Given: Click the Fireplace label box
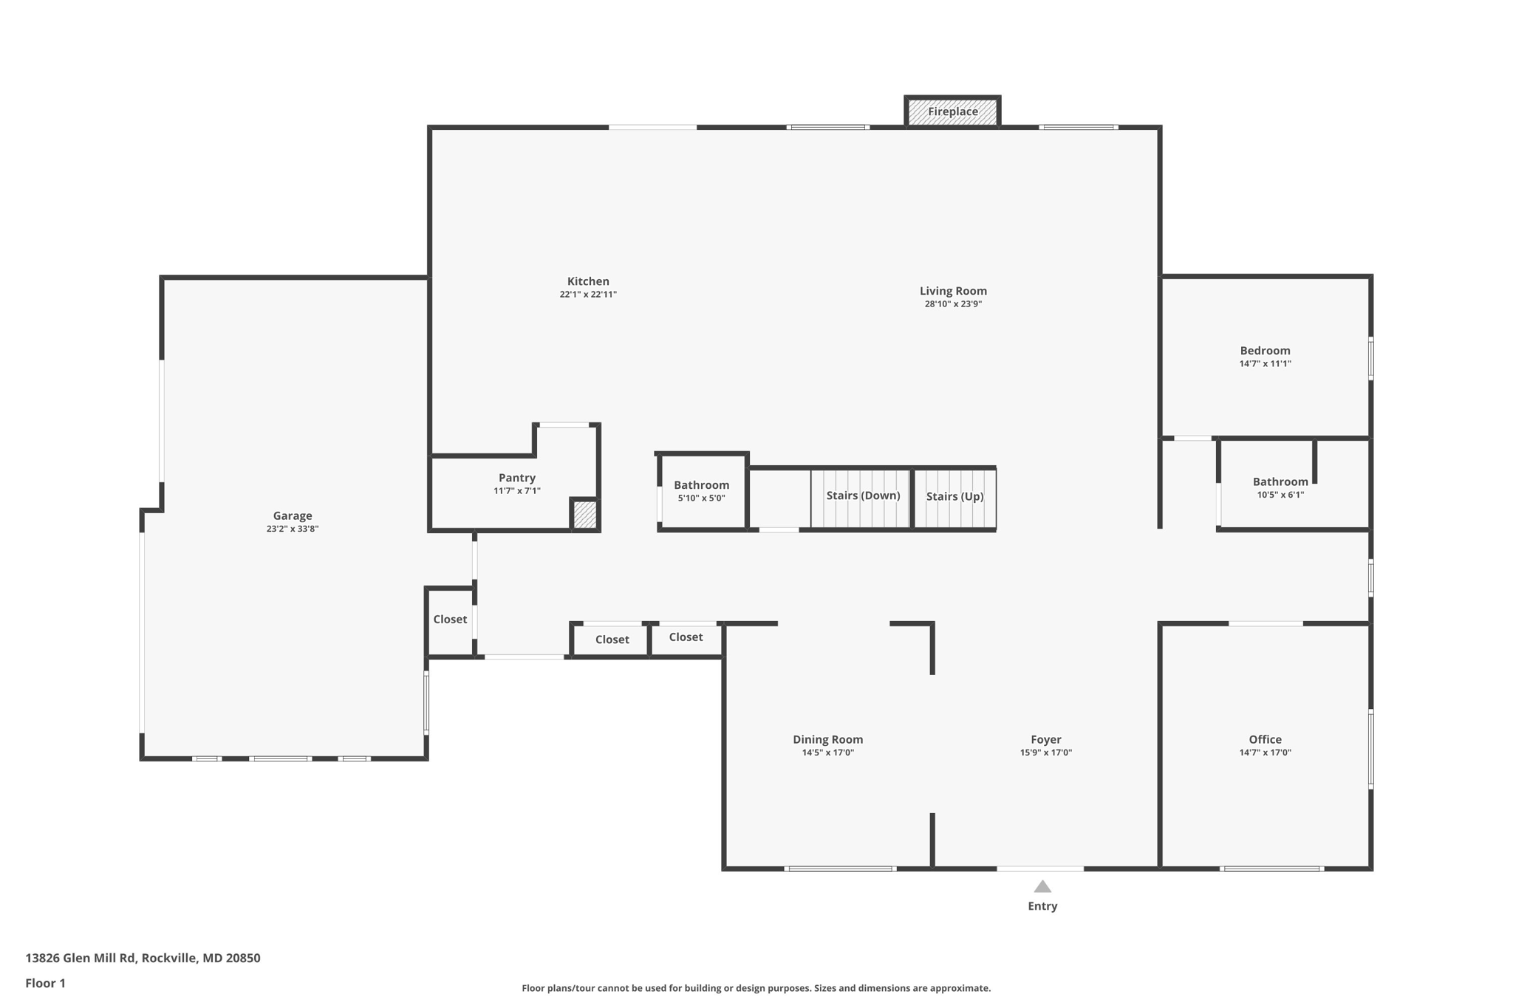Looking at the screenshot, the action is click(x=952, y=112).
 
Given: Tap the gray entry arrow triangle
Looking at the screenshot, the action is click(x=1042, y=886).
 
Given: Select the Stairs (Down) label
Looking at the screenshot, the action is click(x=863, y=496).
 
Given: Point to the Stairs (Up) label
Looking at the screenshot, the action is click(x=954, y=496).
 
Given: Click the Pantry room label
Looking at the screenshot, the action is click(x=517, y=478).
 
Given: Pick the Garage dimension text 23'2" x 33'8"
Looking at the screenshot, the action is click(x=293, y=529).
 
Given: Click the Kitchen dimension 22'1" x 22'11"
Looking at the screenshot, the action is click(x=588, y=294).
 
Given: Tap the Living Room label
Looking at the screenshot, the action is click(x=953, y=291).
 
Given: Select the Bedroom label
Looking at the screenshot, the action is click(x=1265, y=351).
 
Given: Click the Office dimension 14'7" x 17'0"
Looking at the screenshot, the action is click(x=1265, y=752).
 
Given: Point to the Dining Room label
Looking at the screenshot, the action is click(x=827, y=739).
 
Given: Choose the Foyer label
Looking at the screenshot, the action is click(x=1045, y=739).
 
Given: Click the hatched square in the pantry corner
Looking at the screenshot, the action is click(x=584, y=515).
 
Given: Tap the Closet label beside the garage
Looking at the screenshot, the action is click(x=450, y=619).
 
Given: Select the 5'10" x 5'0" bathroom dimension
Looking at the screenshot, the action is click(x=701, y=498).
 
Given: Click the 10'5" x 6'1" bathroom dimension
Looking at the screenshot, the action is click(x=1280, y=495).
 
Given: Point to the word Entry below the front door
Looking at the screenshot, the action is click(x=1042, y=906).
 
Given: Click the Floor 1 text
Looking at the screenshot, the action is click(x=45, y=983).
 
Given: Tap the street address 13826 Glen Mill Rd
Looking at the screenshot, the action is click(x=81, y=958).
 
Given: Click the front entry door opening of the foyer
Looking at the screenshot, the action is click(x=1040, y=868).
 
